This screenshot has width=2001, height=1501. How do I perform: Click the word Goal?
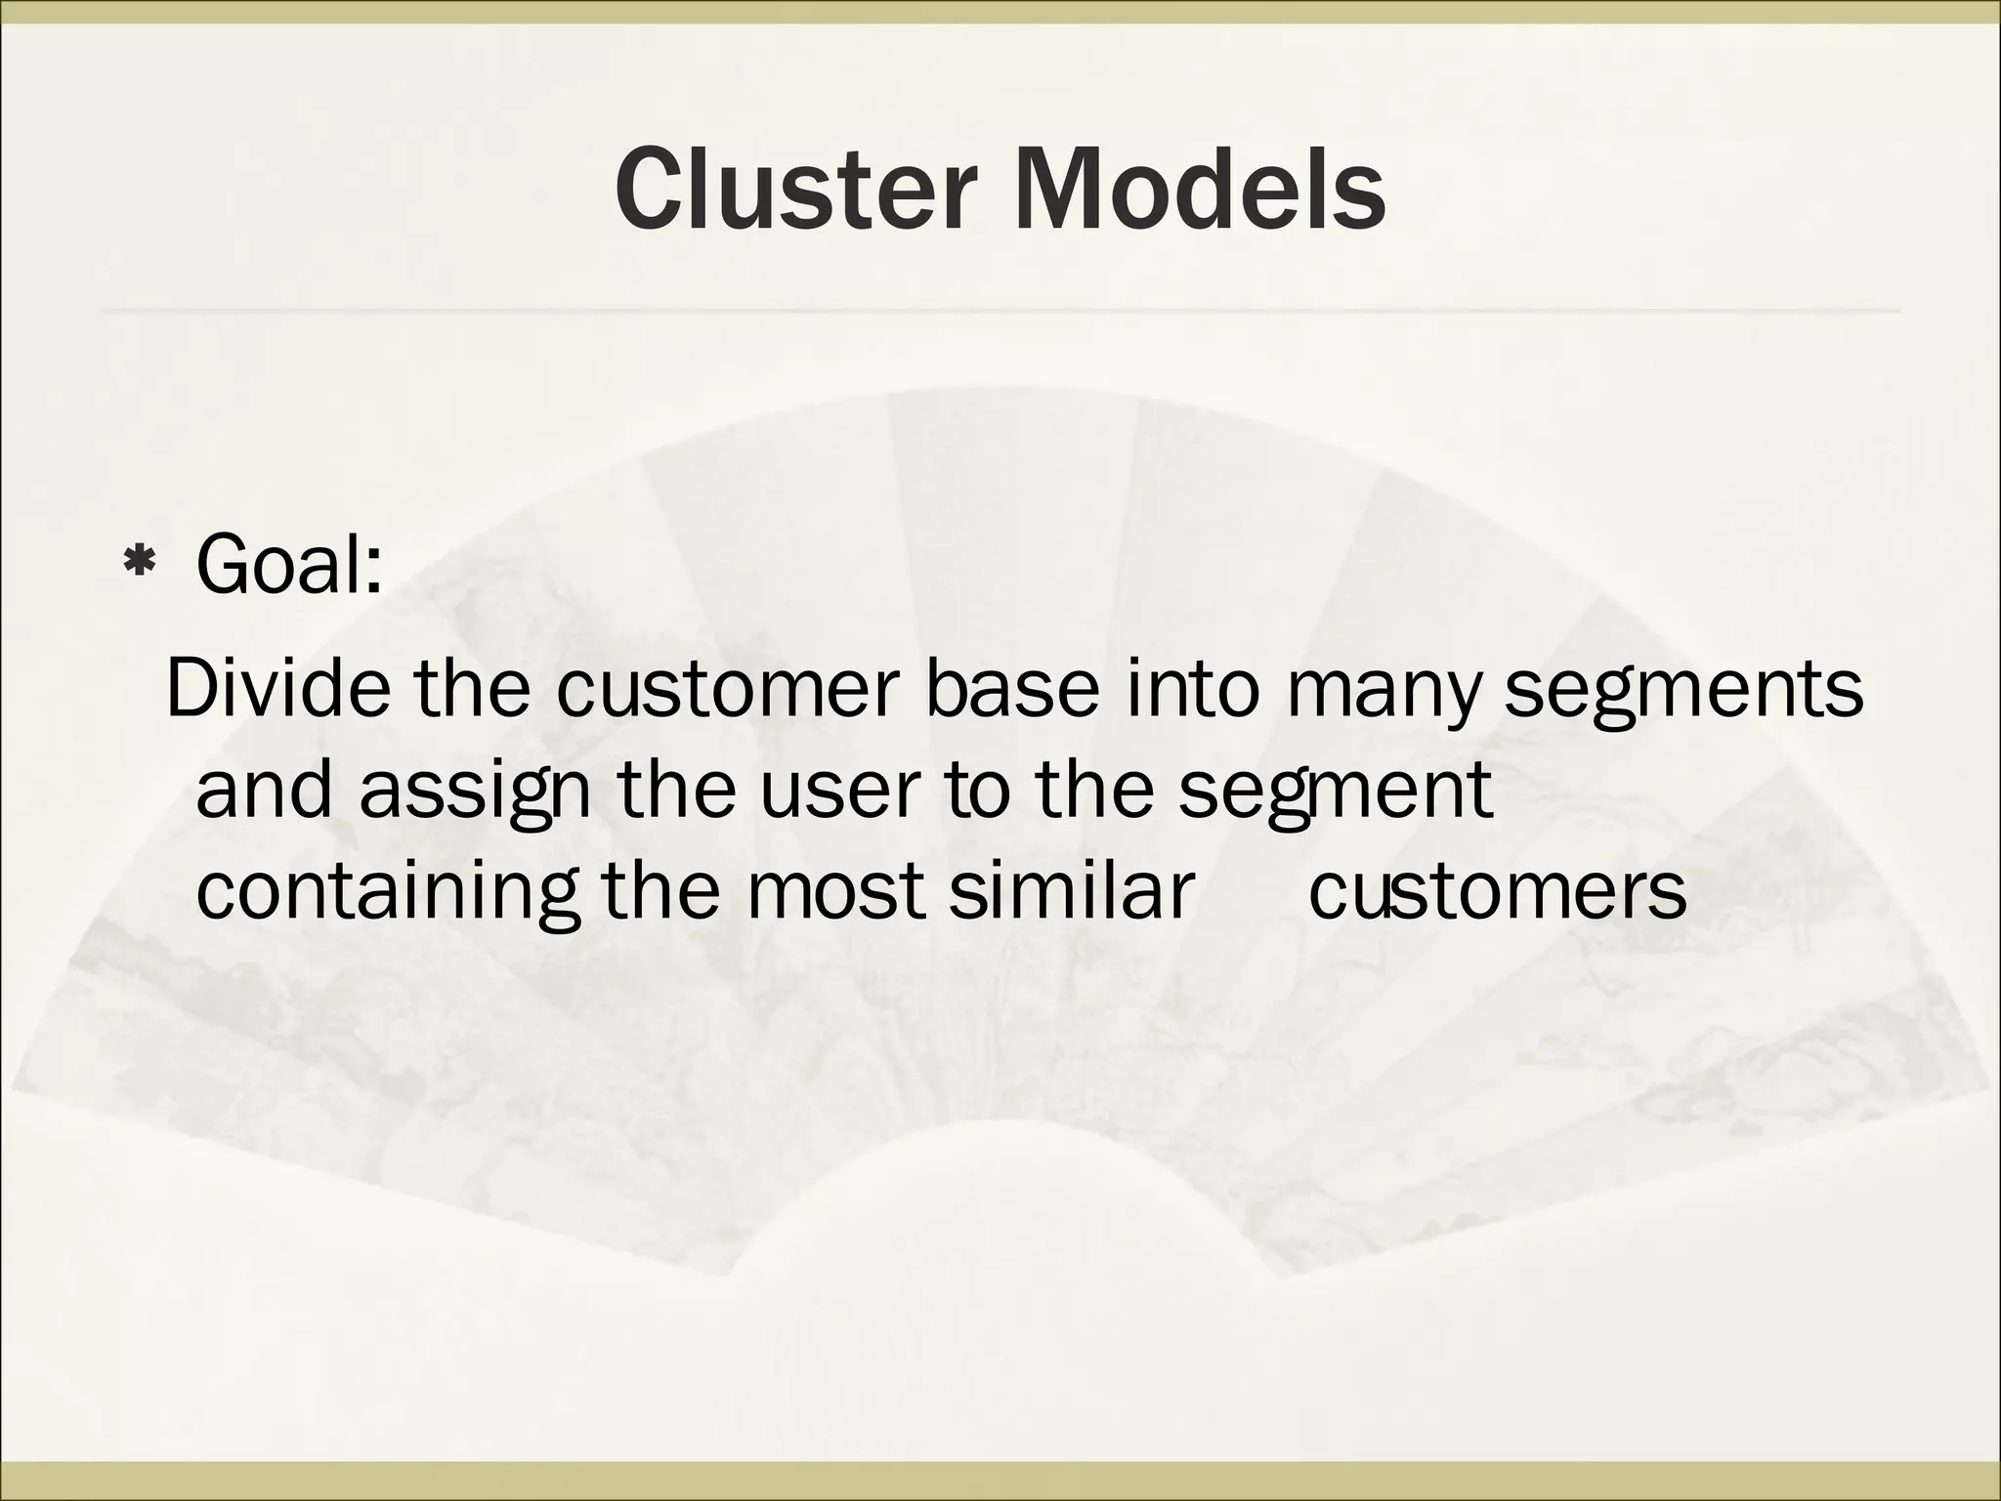tap(288, 564)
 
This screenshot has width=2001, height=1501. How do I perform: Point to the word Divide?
tap(278, 688)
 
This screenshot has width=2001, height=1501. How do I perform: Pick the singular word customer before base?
tap(727, 688)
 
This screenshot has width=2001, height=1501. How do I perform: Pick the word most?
tap(835, 890)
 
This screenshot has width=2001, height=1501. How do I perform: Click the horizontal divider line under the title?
tap(1000, 311)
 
